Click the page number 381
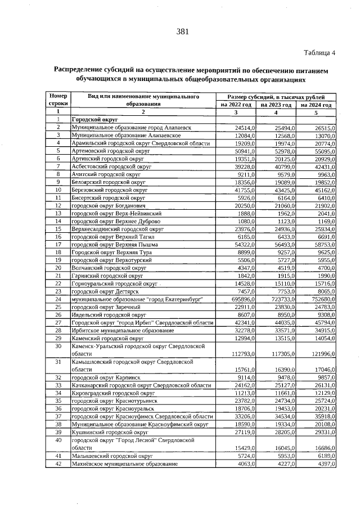click(181, 31)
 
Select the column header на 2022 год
click(236, 105)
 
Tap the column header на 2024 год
click(316, 105)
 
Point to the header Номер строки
click(58, 101)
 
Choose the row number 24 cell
click(58, 299)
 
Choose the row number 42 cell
click(58, 463)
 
